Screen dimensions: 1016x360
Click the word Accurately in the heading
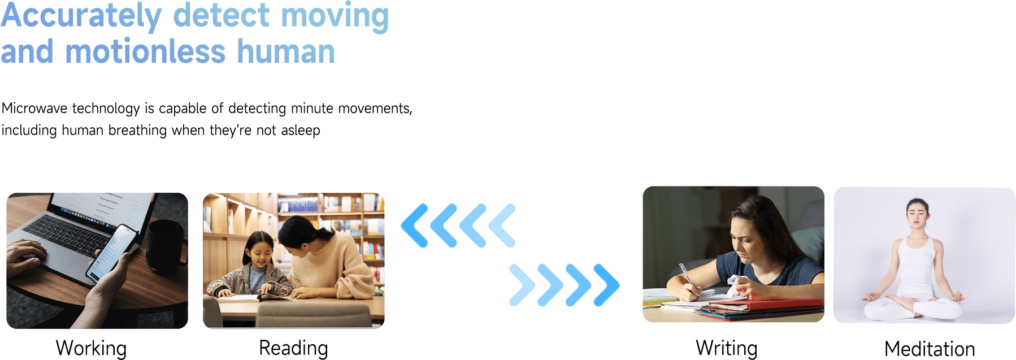click(x=81, y=16)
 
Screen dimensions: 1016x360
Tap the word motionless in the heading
click(x=145, y=51)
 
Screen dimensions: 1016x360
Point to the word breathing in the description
click(x=137, y=131)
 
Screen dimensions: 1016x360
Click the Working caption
click(x=91, y=348)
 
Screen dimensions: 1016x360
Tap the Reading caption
click(x=293, y=348)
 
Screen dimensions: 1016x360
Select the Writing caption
click(x=727, y=348)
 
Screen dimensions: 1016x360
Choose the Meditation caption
click(x=930, y=349)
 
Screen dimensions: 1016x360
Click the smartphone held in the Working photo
click(x=113, y=252)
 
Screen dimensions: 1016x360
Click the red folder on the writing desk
click(x=766, y=305)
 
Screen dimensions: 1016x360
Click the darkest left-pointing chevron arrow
click(x=415, y=225)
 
